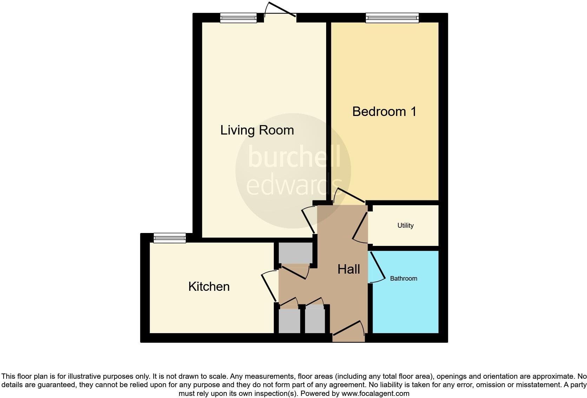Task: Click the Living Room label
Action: [x=257, y=130]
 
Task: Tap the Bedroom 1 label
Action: [x=384, y=112]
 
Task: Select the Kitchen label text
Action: [x=209, y=287]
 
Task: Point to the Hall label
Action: [x=349, y=269]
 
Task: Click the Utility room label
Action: [x=405, y=226]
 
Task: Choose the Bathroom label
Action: [x=403, y=279]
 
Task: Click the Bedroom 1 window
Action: [x=392, y=18]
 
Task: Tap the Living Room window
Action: [x=238, y=18]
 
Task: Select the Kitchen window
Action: [x=170, y=238]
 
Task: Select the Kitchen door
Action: [x=269, y=286]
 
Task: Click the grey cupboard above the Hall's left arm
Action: [x=295, y=253]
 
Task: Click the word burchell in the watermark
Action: [x=294, y=157]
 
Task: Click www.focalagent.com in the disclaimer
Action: [x=375, y=393]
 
